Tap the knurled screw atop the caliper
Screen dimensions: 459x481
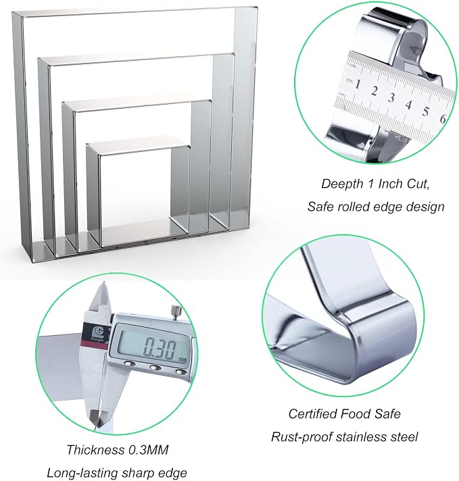click(x=177, y=313)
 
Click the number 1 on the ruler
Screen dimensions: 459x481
click(x=357, y=84)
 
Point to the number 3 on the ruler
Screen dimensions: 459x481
click(x=391, y=98)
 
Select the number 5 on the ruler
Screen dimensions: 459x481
click(x=425, y=111)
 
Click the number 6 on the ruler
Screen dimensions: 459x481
click(x=443, y=118)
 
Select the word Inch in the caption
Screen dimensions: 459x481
click(x=391, y=184)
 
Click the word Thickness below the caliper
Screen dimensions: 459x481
click(x=95, y=450)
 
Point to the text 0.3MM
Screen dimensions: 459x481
click(x=148, y=450)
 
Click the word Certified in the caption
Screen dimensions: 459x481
click(x=312, y=414)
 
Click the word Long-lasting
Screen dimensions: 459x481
click(x=80, y=473)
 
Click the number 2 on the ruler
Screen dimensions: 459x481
click(x=375, y=91)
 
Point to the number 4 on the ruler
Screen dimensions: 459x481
click(x=408, y=105)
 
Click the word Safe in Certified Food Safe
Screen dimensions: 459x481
click(x=387, y=414)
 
